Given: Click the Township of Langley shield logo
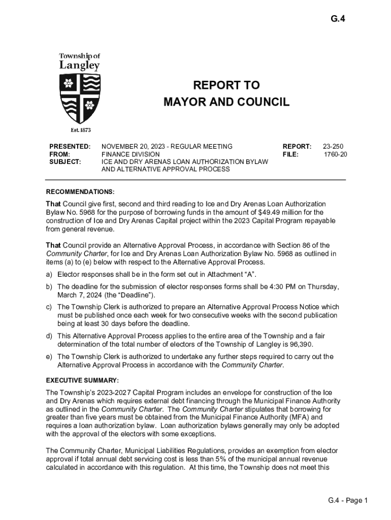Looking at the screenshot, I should click(x=80, y=97).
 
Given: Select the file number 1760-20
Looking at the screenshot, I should click(x=336, y=154).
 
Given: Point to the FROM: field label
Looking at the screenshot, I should click(x=59, y=154).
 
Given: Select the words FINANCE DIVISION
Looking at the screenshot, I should click(x=131, y=154).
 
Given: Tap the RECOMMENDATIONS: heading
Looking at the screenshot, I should click(x=80, y=192).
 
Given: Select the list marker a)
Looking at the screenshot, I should click(x=49, y=275).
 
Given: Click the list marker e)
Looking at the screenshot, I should click(x=49, y=356).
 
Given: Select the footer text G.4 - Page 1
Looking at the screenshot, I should click(x=347, y=501).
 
